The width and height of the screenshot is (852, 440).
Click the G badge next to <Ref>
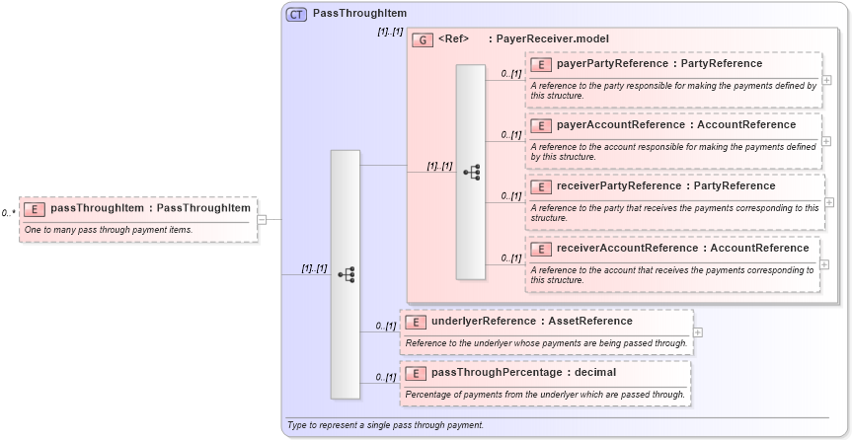click(423, 39)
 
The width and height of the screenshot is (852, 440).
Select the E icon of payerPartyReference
click(540, 64)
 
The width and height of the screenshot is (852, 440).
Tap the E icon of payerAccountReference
click(540, 125)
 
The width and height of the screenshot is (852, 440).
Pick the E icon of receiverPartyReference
click(540, 186)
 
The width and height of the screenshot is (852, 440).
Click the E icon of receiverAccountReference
click(540, 249)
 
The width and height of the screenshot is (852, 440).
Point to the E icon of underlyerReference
click(416, 322)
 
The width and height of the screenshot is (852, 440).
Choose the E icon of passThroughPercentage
click(416, 373)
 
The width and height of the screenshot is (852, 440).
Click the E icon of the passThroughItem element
click(35, 209)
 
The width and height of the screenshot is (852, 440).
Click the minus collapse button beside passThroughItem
click(262, 219)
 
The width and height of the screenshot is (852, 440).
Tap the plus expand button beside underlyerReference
click(698, 331)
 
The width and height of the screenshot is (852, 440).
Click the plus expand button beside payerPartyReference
click(826, 80)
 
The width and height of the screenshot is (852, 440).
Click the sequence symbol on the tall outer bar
click(346, 274)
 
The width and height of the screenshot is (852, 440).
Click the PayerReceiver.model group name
click(553, 39)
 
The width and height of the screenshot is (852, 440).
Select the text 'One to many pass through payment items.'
click(109, 230)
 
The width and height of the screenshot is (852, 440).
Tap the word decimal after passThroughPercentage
click(593, 373)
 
